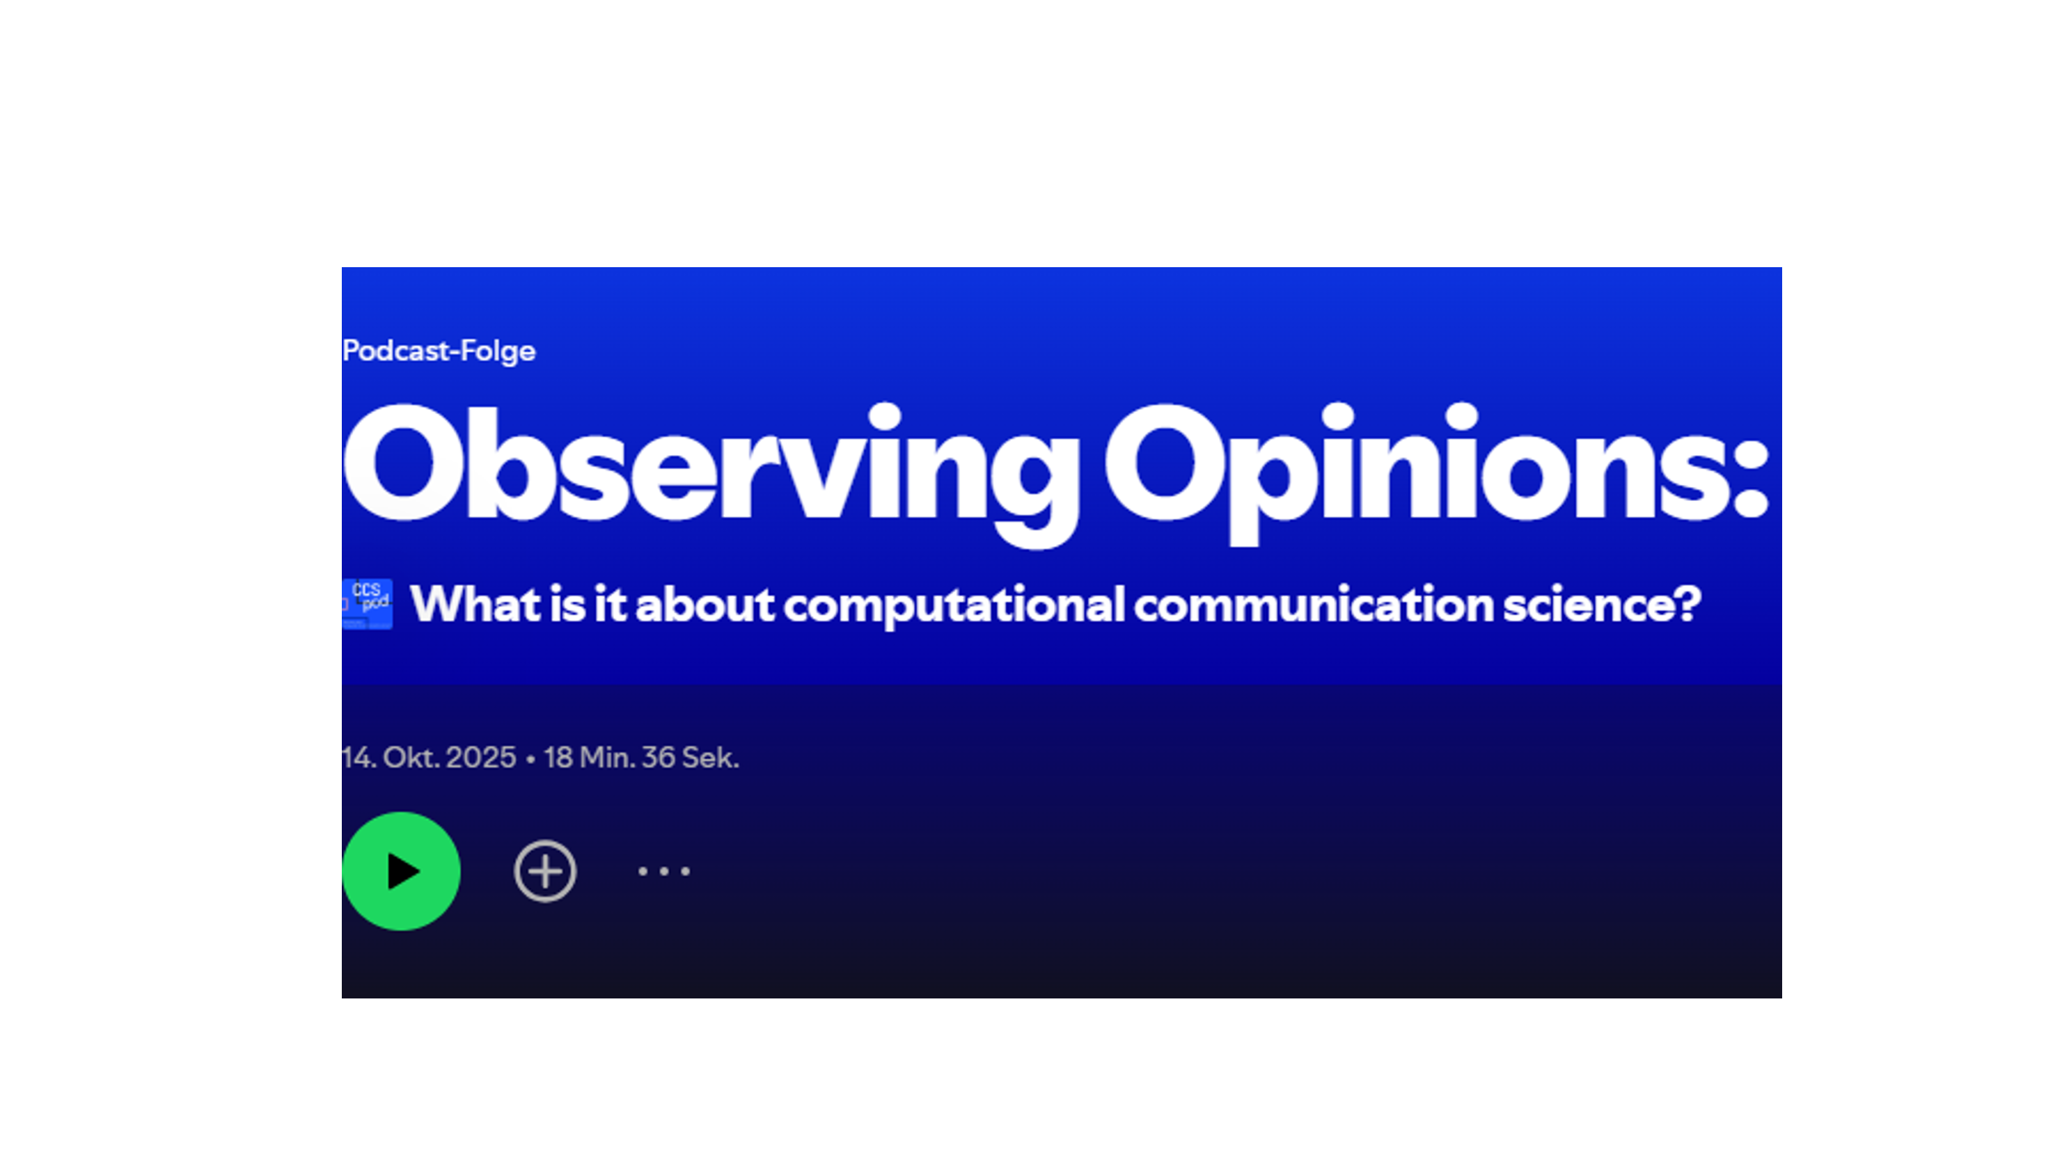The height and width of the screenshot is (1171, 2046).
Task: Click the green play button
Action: (x=402, y=871)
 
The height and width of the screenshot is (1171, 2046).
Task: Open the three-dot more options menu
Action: (x=663, y=871)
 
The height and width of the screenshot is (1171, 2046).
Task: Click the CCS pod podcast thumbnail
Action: (x=367, y=603)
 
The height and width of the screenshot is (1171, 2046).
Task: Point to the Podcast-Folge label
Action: (x=439, y=351)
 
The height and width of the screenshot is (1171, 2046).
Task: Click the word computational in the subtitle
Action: (x=954, y=605)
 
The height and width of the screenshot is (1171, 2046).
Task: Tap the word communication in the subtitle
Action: (x=1313, y=605)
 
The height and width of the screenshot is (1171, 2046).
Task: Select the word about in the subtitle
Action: (x=705, y=605)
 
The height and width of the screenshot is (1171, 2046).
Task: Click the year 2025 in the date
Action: (x=480, y=758)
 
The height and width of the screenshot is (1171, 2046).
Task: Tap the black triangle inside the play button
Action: (x=404, y=871)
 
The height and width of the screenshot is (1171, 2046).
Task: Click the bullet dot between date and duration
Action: (x=530, y=758)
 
